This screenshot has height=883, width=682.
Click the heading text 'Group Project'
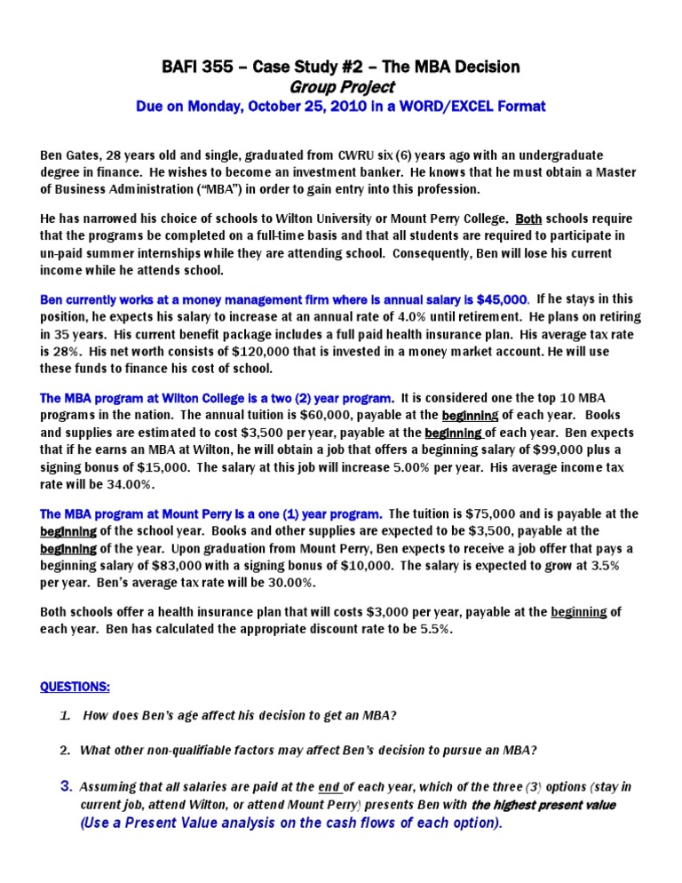pos(340,86)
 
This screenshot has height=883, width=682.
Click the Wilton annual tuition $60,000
pos(313,415)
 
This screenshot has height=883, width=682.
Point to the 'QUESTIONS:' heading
pos(76,687)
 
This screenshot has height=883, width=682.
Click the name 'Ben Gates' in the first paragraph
pos(73,155)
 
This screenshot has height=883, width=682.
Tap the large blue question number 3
pos(66,786)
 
